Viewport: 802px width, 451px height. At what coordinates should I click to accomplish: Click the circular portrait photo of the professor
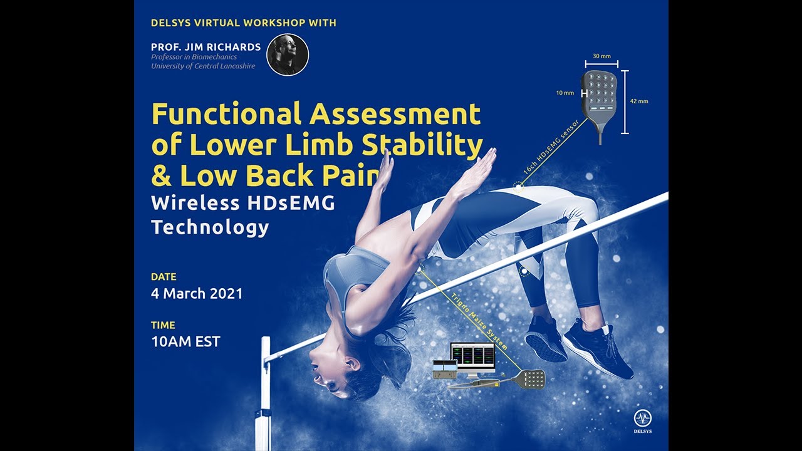click(288, 55)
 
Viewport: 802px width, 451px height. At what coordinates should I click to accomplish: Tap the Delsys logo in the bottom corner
click(642, 421)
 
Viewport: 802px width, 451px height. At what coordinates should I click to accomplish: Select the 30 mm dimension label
click(601, 56)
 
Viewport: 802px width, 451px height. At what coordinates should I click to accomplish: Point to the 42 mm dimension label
click(639, 101)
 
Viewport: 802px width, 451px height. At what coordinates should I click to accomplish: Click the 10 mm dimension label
click(565, 93)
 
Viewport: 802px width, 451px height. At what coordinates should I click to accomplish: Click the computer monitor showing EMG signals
click(473, 356)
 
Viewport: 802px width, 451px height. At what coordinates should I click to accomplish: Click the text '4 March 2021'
click(197, 293)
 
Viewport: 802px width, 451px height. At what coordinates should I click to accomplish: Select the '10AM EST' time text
click(185, 342)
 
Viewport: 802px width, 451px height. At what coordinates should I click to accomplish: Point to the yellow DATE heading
click(164, 276)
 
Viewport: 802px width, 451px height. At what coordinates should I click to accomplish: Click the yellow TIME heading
click(163, 325)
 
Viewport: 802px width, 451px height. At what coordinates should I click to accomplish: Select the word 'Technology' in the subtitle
click(210, 227)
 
